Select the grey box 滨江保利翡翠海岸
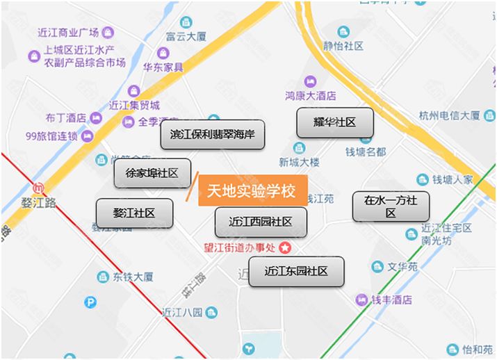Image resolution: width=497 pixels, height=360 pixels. click(213, 135)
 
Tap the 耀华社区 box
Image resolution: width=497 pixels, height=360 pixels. click(335, 122)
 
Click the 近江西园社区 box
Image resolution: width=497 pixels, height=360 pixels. click(260, 222)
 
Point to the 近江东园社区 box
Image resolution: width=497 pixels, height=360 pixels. click(296, 271)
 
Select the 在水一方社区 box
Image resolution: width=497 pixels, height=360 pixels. click(390, 206)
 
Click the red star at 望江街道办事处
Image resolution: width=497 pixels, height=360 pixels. click(285, 247)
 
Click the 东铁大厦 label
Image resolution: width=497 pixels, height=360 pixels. click(132, 277)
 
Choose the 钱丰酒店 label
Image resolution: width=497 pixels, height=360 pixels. click(391, 300)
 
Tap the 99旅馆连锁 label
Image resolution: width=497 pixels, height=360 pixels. click(51, 136)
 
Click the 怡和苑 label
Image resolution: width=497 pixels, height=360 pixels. click(478, 350)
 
